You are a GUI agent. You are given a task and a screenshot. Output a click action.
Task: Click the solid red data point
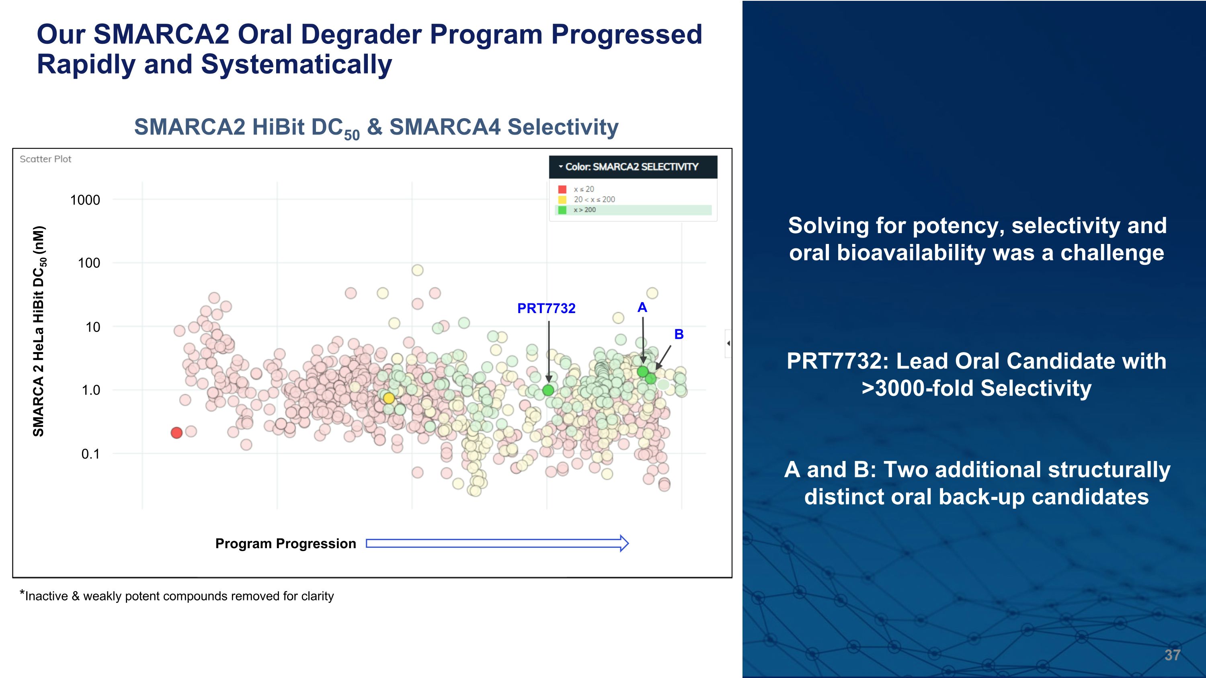176,433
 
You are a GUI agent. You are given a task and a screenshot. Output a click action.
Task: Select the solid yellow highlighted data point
389,398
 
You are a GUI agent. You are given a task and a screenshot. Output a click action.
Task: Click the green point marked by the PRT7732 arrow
548,390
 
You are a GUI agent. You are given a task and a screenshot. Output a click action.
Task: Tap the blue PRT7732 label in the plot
546,308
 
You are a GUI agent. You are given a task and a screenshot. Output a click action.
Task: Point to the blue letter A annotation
642,307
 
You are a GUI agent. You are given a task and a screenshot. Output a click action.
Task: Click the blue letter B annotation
679,334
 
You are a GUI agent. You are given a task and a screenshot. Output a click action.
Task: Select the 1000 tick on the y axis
85,200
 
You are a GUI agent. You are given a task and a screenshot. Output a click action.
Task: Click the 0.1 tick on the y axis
90,454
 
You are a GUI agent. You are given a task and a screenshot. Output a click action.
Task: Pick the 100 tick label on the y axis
88,263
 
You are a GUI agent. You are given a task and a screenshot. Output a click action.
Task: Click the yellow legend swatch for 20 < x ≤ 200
562,200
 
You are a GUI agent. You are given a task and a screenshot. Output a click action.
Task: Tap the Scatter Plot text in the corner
45,159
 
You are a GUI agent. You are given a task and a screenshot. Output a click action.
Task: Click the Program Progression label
285,544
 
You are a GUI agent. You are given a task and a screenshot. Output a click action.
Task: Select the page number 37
1172,655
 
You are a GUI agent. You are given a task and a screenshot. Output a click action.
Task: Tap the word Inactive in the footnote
46,596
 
